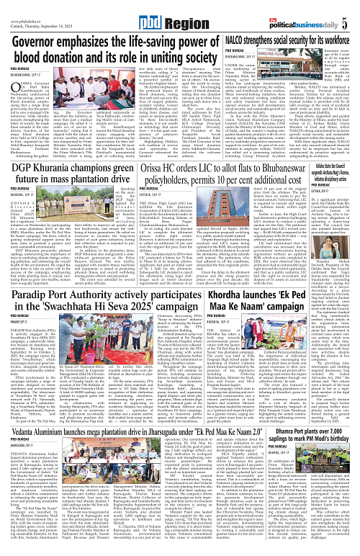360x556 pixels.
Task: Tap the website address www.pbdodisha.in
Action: (x=22, y=6)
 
